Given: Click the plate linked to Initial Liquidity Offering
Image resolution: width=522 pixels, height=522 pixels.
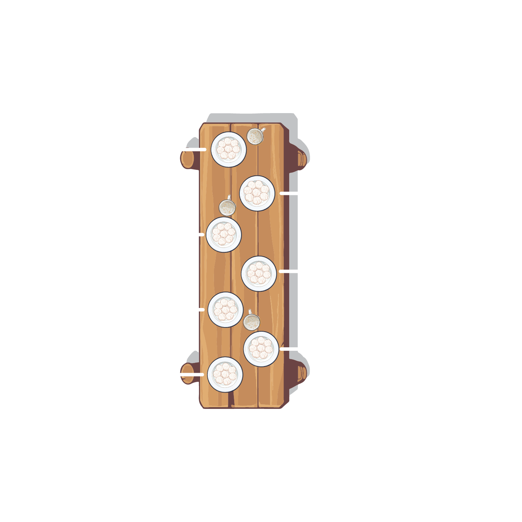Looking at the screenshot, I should coord(229,149).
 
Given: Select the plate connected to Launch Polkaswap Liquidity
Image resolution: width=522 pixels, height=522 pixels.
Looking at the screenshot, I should coord(257,193).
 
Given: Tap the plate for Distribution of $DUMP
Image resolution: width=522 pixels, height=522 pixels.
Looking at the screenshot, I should coord(224,235).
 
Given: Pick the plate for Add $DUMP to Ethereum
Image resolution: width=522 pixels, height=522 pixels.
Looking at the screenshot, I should coord(259,274).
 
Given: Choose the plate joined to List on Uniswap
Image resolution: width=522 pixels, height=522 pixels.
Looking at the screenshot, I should coord(226,310).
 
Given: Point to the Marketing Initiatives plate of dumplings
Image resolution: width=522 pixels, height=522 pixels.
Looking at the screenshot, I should coord(261,349).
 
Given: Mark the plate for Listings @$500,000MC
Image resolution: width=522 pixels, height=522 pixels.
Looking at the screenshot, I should coord(225,374).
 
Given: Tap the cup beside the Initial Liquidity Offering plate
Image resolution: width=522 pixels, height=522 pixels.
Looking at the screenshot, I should coord(255,136).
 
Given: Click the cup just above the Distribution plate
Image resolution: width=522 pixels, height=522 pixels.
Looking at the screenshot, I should coord(227,207).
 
